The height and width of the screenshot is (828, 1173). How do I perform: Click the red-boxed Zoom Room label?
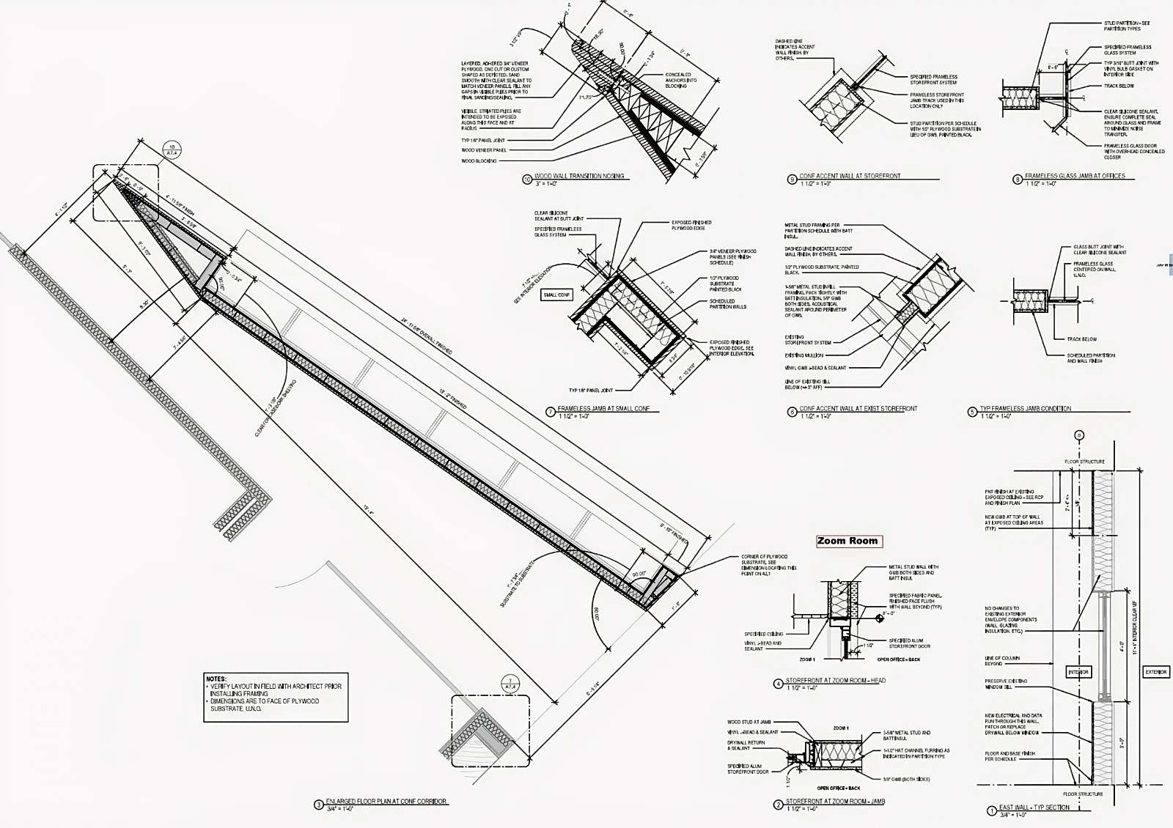coord(847,541)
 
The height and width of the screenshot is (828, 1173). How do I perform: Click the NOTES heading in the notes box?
coord(216,679)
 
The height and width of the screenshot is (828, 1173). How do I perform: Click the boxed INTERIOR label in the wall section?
coord(1078,672)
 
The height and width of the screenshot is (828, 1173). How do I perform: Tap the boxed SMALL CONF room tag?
coord(556,295)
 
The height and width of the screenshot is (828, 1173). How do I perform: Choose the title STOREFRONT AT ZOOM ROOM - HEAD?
coord(835,681)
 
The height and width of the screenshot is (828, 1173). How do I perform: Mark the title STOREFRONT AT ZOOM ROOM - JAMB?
coord(835,802)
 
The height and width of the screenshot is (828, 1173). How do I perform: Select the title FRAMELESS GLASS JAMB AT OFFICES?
coord(1074,177)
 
